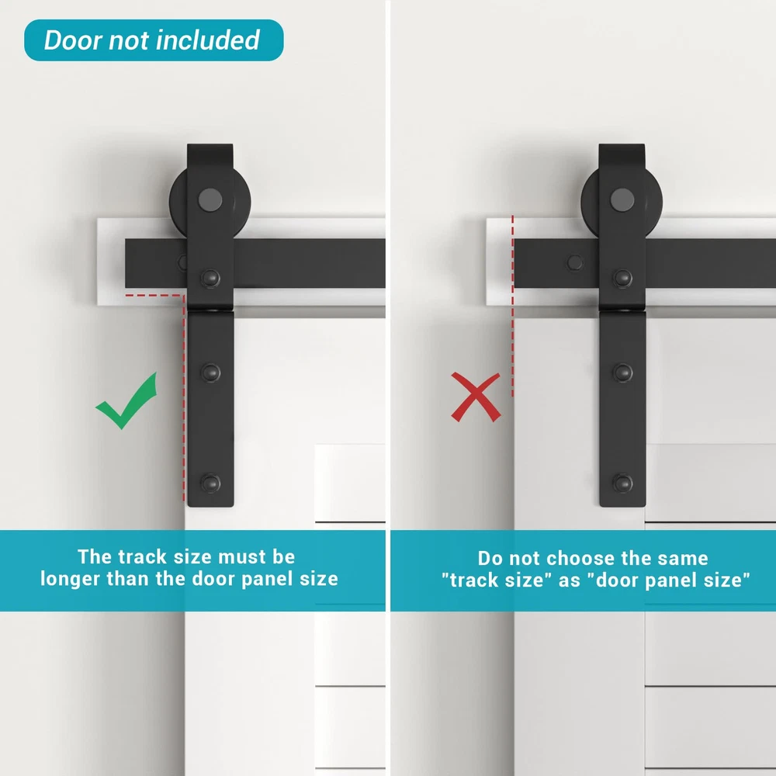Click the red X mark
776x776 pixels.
[x=476, y=397]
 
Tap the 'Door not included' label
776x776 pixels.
[x=154, y=40]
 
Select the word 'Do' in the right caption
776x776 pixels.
[x=490, y=558]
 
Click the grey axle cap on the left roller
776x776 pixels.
[x=210, y=200]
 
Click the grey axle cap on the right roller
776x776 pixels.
[x=622, y=200]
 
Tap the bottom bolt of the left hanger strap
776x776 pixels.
[x=211, y=483]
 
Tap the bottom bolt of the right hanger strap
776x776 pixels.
[x=622, y=483]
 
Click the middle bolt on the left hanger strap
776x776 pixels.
[x=211, y=372]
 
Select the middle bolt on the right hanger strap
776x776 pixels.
[x=622, y=372]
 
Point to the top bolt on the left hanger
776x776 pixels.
[x=211, y=278]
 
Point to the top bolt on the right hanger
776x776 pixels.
[x=622, y=278]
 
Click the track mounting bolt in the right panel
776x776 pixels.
[x=575, y=262]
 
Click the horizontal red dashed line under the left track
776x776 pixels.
[x=154, y=296]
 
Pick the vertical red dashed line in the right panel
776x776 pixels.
[x=513, y=306]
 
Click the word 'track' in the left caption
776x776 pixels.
[x=141, y=557]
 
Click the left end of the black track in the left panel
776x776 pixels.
[x=126, y=263]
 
